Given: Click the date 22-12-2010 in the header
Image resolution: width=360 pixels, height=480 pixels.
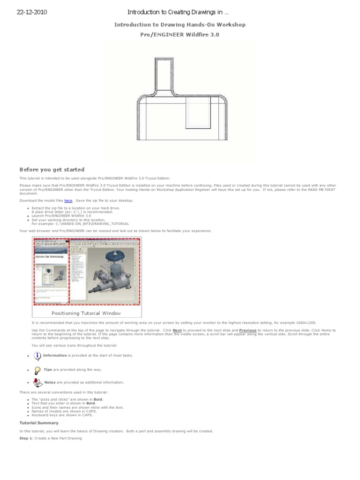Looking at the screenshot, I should [31, 12].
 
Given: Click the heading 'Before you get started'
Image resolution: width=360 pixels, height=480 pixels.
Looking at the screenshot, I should [52, 170].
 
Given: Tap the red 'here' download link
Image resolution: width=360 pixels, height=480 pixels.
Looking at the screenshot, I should [68, 201].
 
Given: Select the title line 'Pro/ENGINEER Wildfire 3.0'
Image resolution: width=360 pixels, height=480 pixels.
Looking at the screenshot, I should [180, 34].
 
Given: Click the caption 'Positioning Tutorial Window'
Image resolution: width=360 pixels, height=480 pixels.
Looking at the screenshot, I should [86, 313].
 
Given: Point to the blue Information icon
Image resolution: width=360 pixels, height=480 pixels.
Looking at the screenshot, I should [37, 355].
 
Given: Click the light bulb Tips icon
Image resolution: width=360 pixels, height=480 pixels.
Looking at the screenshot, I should [37, 369].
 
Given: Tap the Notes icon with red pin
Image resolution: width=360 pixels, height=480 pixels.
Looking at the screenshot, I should [37, 382].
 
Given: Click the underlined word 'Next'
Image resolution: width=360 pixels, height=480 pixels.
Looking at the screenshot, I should [177, 330].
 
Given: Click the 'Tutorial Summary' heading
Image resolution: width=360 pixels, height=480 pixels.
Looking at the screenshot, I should [39, 423].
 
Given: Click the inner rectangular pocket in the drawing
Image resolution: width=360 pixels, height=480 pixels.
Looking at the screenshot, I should [198, 112].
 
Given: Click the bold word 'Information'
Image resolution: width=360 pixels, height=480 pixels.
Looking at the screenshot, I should [55, 355].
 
